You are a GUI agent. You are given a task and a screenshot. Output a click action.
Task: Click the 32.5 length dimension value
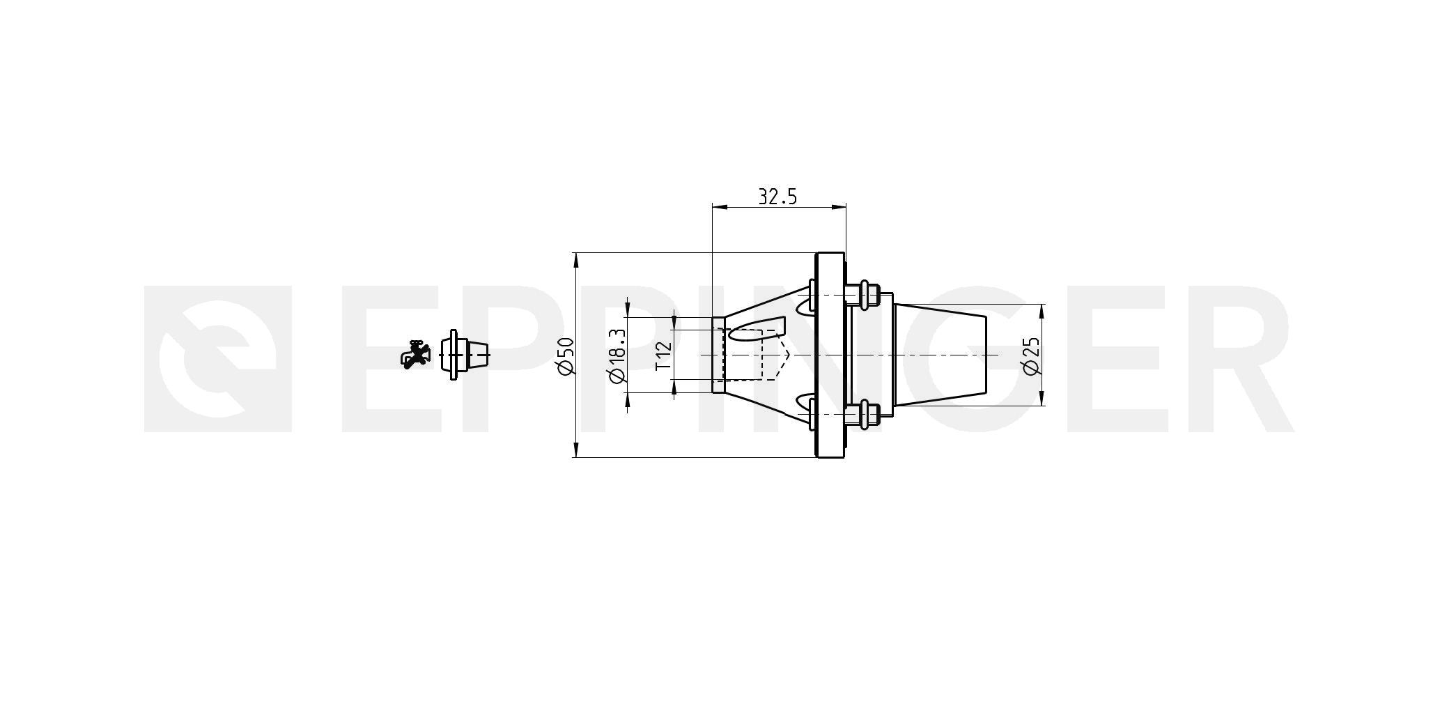pos(777,197)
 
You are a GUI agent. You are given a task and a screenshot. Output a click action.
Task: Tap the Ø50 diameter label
pos(566,356)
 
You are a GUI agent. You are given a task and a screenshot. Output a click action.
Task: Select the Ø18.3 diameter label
pos(617,355)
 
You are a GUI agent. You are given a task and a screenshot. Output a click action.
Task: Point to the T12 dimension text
pos(663,355)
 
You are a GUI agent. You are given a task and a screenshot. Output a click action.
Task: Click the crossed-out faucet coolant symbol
pos(416,355)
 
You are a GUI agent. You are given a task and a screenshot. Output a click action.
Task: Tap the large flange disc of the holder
pos(830,355)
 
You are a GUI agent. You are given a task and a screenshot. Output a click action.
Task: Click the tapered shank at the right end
pos(940,355)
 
